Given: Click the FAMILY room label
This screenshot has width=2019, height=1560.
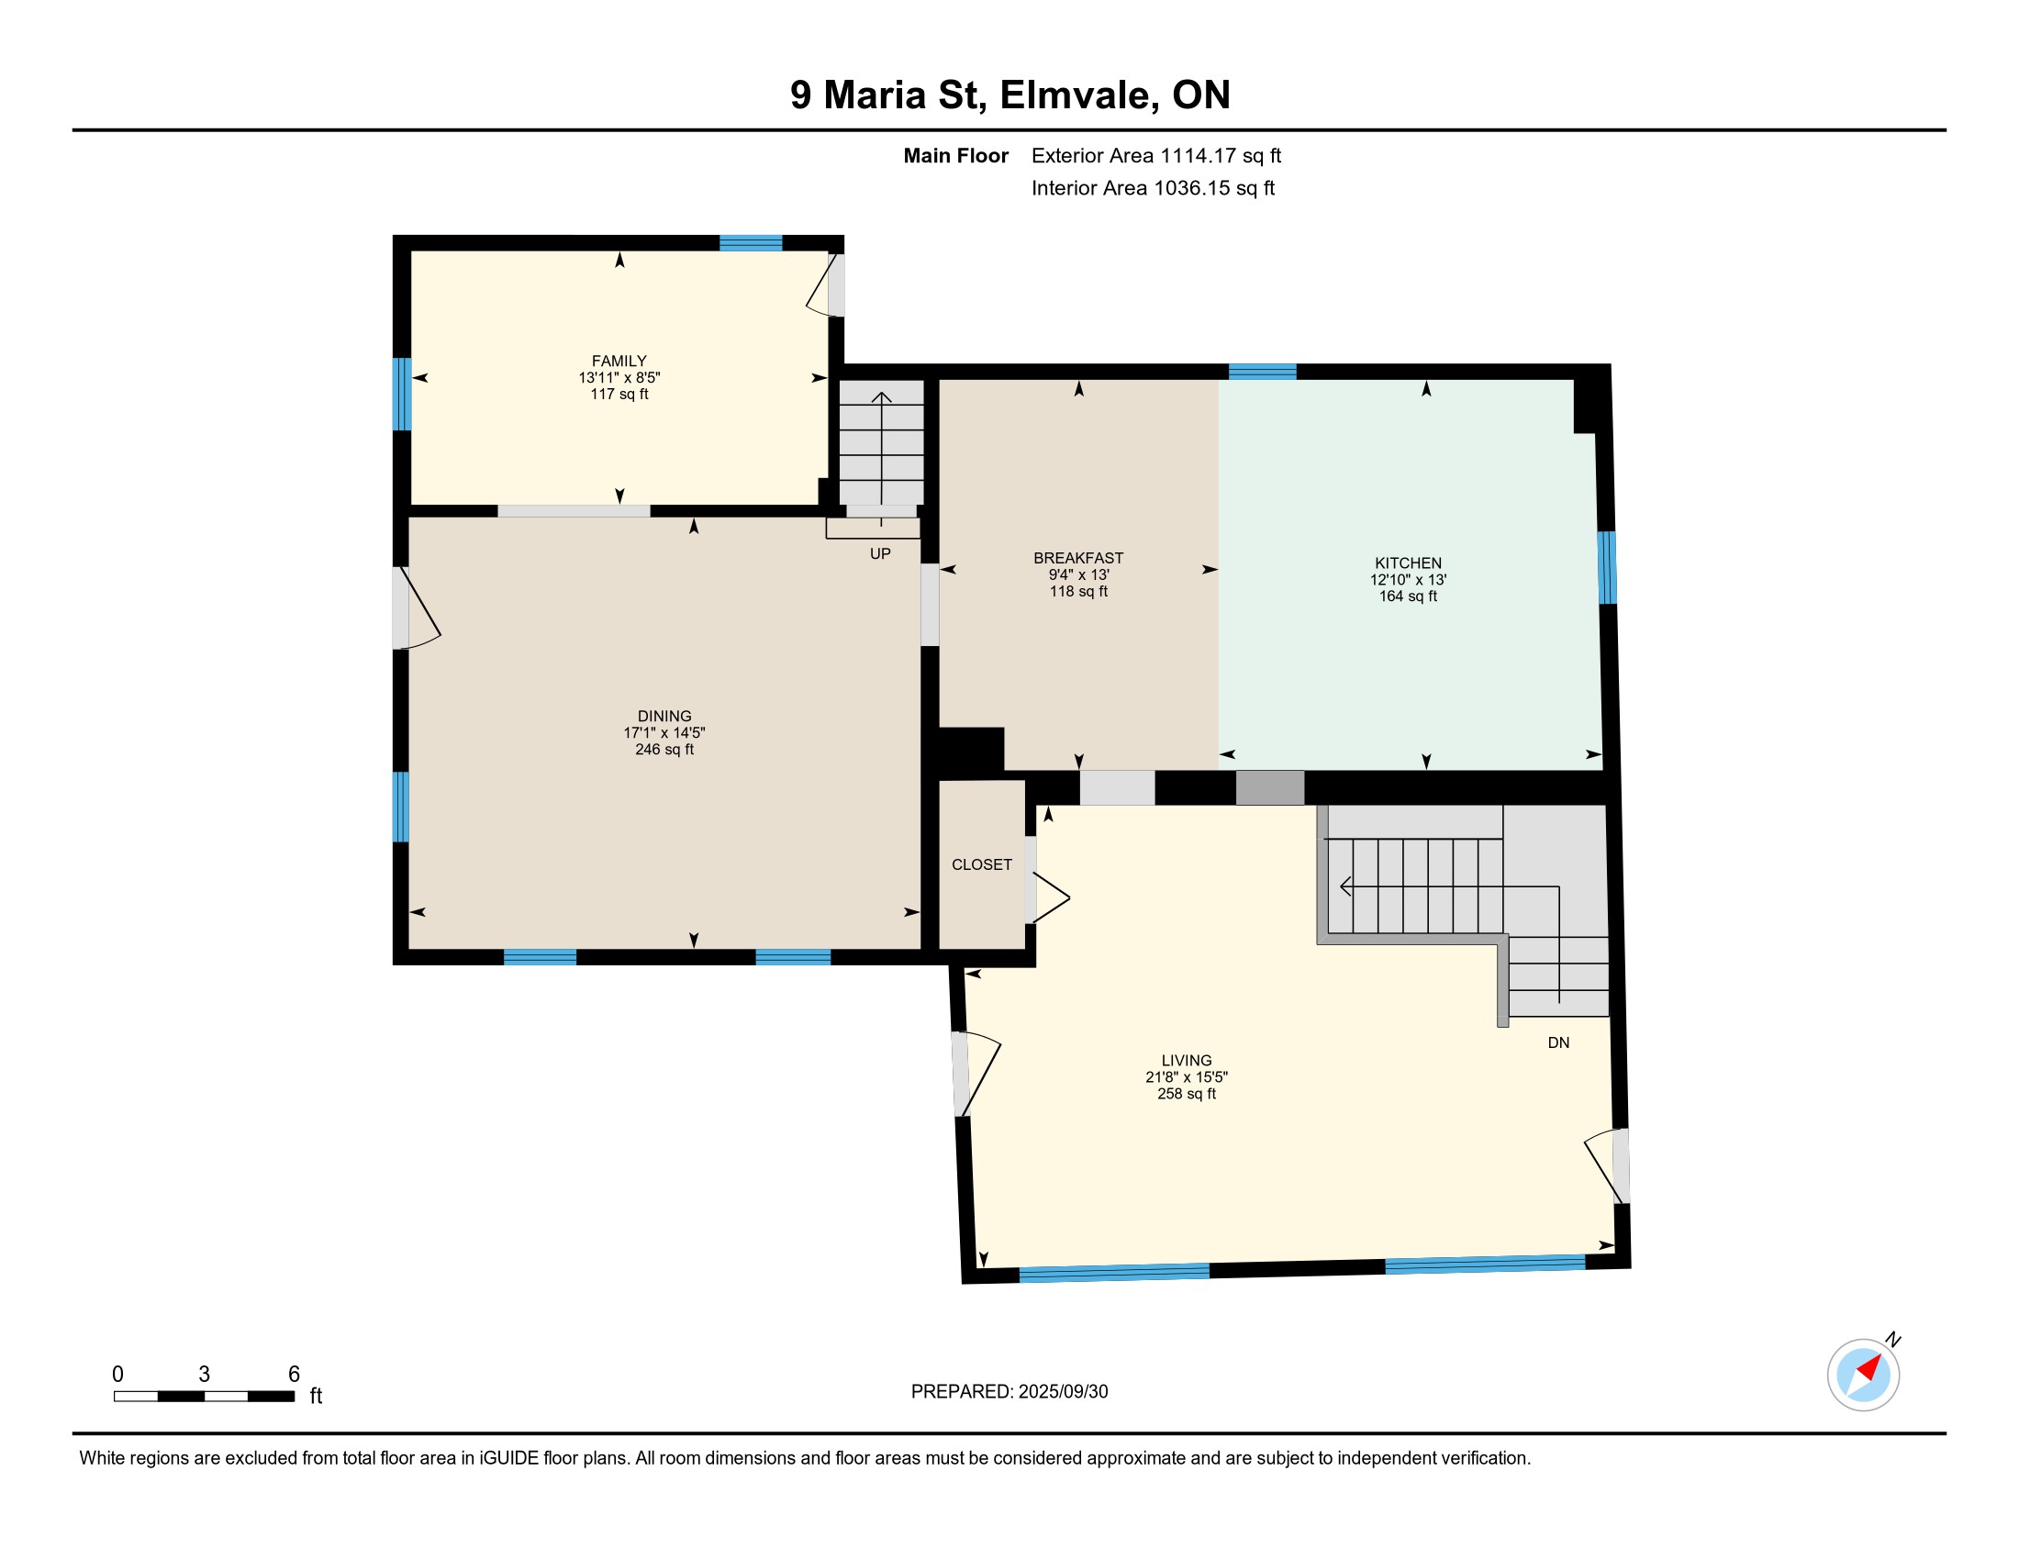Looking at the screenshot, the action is coord(619,361).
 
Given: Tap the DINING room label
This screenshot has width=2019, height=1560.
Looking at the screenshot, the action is coord(664,716).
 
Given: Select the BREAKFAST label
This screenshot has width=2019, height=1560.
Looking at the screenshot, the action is coord(1078,557).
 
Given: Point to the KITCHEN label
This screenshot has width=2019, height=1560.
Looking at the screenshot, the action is coord(1408,563).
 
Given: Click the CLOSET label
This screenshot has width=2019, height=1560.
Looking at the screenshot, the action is coord(982,864).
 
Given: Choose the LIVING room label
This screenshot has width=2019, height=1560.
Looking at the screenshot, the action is coord(1186,1060).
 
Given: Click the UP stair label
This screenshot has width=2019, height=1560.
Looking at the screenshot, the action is coord(880,553).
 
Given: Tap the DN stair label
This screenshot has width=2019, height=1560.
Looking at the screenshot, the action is coord(1558,1042).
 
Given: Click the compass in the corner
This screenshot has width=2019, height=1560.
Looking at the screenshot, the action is coord(1864,1375).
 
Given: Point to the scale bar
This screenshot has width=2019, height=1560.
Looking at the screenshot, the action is coord(205,1396).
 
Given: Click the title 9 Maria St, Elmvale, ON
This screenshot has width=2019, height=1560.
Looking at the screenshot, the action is coord(1009,95).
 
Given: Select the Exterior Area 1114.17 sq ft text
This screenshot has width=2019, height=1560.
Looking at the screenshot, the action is coord(1156,155).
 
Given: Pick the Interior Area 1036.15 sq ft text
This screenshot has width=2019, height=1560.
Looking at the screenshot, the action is coord(1153,187).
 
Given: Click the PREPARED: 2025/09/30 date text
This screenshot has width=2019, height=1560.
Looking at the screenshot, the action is coord(1009,1391).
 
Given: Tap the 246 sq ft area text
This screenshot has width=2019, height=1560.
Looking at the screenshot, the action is coord(664,750).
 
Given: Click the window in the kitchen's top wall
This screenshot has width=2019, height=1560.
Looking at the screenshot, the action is coord(1262,372).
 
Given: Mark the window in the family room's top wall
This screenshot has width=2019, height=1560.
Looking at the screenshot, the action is coord(751,243).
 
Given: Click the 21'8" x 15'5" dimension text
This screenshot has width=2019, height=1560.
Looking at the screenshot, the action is coord(1186,1076).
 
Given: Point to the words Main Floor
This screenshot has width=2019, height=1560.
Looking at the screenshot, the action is coord(956,155).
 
